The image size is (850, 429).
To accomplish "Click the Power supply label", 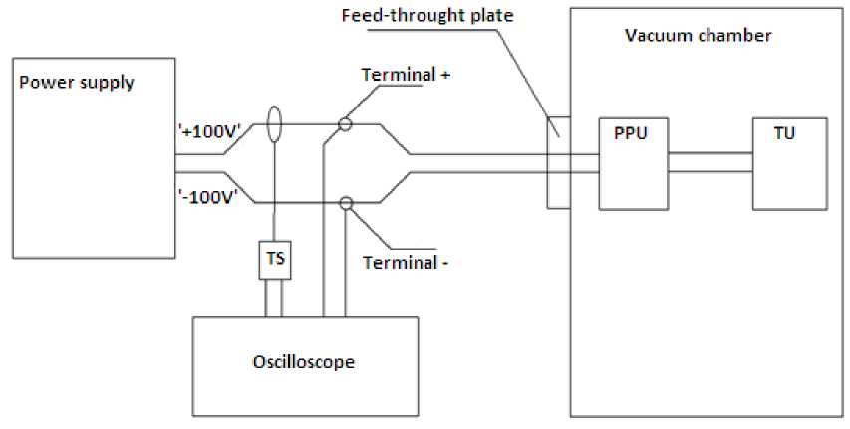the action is click(x=77, y=83).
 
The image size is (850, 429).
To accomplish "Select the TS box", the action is click(x=275, y=260).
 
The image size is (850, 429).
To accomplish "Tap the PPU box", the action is click(x=633, y=163).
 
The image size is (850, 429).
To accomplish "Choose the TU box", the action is click(x=790, y=163).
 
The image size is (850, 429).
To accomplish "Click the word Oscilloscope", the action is click(x=304, y=362).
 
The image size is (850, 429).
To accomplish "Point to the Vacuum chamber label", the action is click(x=699, y=36).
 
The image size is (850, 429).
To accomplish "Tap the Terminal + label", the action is click(x=406, y=74).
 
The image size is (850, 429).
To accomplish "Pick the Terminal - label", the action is click(x=406, y=263).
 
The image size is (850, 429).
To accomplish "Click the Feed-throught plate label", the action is click(x=427, y=15).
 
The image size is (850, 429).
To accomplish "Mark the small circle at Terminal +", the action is click(x=345, y=125).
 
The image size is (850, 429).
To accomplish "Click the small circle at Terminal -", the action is click(x=346, y=204).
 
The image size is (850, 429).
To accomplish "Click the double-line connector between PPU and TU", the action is click(x=710, y=162).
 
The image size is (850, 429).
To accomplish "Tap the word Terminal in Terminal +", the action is click(x=398, y=74).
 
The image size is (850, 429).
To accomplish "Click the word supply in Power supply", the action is click(x=107, y=84).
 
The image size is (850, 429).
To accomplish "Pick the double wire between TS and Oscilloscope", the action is click(x=274, y=298).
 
